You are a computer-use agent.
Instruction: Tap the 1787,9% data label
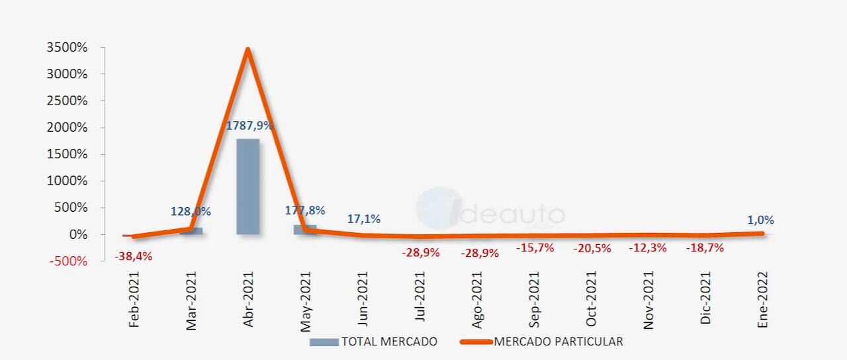(249, 126)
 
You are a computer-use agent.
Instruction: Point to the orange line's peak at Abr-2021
(247, 49)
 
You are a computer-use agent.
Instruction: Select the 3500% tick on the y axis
(67, 48)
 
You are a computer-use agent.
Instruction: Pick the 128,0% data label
(191, 212)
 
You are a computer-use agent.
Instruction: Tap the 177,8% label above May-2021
(305, 210)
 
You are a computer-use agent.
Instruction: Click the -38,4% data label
(133, 256)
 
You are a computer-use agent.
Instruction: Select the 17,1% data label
(364, 219)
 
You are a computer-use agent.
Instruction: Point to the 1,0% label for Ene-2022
(760, 220)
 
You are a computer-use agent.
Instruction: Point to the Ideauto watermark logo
(490, 210)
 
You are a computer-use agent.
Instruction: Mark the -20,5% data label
(592, 248)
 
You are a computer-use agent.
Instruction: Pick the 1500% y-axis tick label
(67, 154)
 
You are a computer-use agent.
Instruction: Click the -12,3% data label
(648, 248)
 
